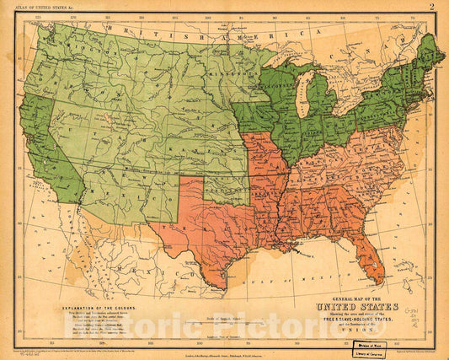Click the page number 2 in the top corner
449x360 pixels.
pyautogui.click(x=431, y=7)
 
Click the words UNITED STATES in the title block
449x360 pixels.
pyautogui.click(x=355, y=307)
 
